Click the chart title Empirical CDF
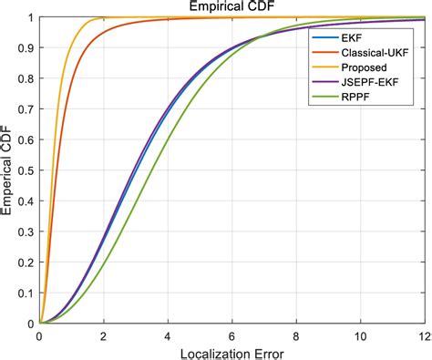click(231, 7)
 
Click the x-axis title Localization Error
click(231, 351)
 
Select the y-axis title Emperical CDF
click(8, 170)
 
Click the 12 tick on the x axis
click(422, 334)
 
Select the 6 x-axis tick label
click(231, 334)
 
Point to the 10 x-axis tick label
click(359, 334)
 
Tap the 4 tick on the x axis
click(168, 334)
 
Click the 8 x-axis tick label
click(295, 334)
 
